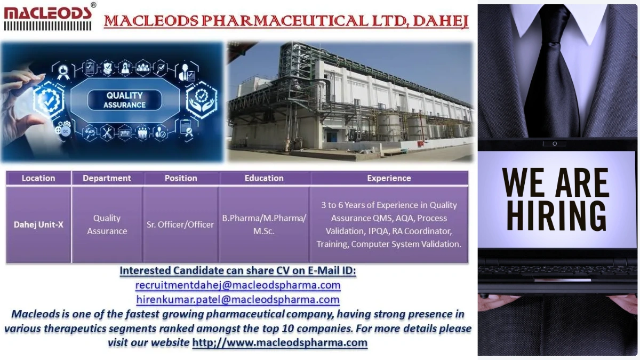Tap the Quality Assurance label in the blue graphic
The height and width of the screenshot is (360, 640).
(x=125, y=100)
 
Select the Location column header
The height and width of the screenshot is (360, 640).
(x=38, y=178)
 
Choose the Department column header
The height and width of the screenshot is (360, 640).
(x=107, y=178)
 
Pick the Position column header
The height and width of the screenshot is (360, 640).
(x=181, y=178)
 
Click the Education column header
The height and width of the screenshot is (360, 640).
(x=264, y=178)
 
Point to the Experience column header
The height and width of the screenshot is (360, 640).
(x=389, y=178)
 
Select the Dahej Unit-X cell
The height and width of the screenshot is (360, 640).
(x=38, y=225)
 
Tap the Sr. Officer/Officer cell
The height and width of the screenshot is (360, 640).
(x=180, y=225)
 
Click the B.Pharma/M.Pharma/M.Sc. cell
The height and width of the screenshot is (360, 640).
(x=264, y=225)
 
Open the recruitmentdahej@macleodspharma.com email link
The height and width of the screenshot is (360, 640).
(x=238, y=285)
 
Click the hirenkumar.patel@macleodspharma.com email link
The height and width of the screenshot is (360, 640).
(x=238, y=300)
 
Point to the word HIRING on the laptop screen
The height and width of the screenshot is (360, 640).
(x=556, y=214)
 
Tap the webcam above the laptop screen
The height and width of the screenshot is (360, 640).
(x=555, y=143)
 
